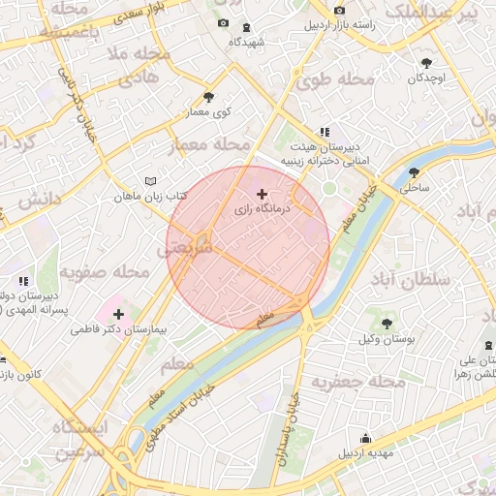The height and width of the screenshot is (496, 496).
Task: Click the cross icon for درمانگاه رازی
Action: (262, 195)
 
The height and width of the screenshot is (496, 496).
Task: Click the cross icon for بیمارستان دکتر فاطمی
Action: (118, 314)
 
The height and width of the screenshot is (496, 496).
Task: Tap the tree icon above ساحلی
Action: (414, 172)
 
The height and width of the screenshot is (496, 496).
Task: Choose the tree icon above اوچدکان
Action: (426, 63)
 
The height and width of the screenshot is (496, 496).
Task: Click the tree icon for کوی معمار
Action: (209, 97)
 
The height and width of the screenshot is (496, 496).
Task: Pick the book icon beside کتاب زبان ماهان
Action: (149, 181)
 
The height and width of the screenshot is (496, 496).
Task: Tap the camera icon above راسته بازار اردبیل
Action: (339, 11)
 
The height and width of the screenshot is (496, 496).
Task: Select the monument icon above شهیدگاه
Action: (244, 27)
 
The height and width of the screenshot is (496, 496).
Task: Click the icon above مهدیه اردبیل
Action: (364, 438)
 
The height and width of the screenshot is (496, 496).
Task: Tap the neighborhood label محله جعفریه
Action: (357, 383)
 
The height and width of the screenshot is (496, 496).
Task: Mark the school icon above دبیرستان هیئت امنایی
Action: (325, 132)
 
